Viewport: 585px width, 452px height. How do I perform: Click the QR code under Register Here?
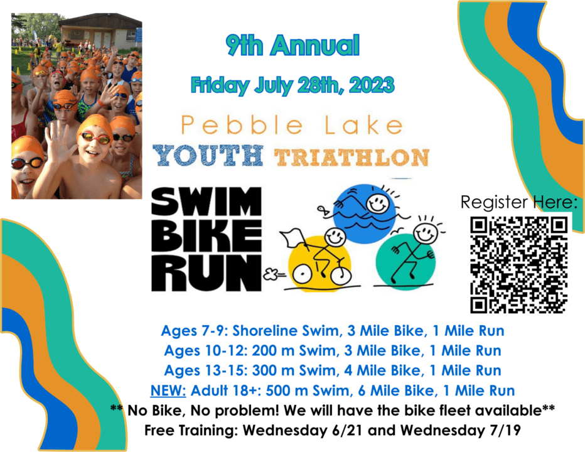(518, 264)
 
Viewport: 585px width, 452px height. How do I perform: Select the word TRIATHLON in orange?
(352, 156)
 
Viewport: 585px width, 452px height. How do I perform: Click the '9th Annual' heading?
(292, 46)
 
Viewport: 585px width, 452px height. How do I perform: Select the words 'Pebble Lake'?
(292, 125)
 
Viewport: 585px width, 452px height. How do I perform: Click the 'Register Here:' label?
(518, 202)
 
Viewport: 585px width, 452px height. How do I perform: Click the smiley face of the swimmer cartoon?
(377, 202)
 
